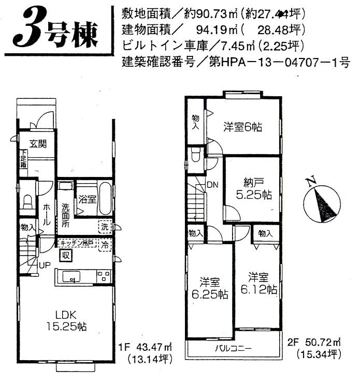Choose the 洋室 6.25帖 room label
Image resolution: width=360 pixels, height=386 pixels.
tap(210, 288)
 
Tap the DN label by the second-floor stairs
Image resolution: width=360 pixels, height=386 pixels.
tap(212, 184)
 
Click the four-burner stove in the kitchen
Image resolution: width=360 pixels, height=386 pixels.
tap(103, 277)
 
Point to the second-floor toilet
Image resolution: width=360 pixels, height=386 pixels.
tap(196, 154)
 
